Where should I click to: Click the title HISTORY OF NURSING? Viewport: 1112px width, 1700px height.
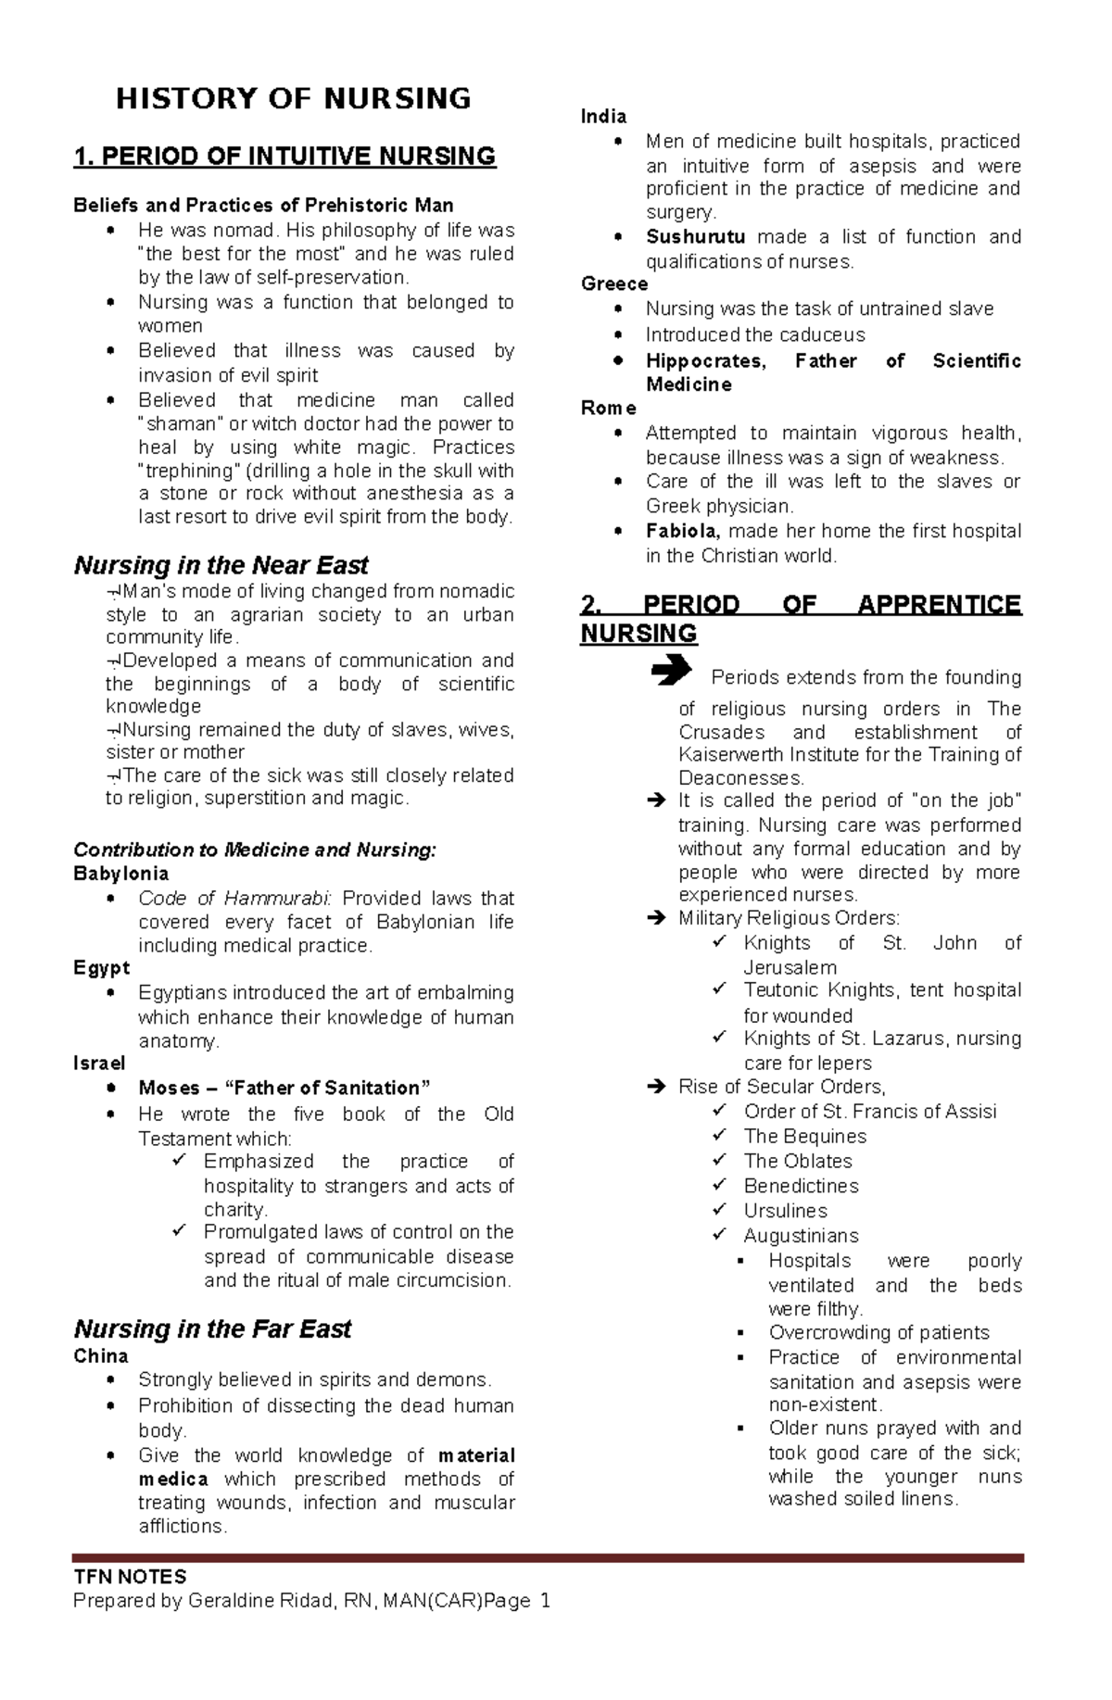pyautogui.click(x=293, y=98)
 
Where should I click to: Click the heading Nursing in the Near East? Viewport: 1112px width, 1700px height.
pyautogui.click(x=221, y=565)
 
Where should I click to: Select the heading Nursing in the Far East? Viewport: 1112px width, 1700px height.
pyautogui.click(x=212, y=1329)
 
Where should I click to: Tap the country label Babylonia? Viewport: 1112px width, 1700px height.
pyautogui.click(x=120, y=874)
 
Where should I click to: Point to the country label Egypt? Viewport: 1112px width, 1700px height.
pyautogui.click(x=101, y=968)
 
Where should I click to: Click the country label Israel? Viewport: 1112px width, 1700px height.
pyautogui.click(x=99, y=1064)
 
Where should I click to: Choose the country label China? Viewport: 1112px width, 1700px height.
pyautogui.click(x=100, y=1356)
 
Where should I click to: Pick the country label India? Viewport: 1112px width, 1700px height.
pyautogui.click(x=603, y=117)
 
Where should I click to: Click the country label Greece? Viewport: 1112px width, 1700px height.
pyautogui.click(x=613, y=284)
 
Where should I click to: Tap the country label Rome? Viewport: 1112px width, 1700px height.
pyautogui.click(x=608, y=409)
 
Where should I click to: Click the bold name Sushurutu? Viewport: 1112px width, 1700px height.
pyautogui.click(x=695, y=237)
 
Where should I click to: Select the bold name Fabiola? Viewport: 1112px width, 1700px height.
pyautogui.click(x=682, y=532)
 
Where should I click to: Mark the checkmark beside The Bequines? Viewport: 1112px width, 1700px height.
pyautogui.click(x=719, y=1136)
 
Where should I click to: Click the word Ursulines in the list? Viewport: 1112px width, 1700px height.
pyautogui.click(x=785, y=1211)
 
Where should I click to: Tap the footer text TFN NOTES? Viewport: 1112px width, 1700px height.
pyautogui.click(x=130, y=1577)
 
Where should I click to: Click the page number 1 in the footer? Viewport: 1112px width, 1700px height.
pyautogui.click(x=545, y=1601)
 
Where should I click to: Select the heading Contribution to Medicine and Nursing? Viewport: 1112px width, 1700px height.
pyautogui.click(x=254, y=850)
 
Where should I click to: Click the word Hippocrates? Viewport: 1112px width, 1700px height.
pyautogui.click(x=705, y=361)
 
